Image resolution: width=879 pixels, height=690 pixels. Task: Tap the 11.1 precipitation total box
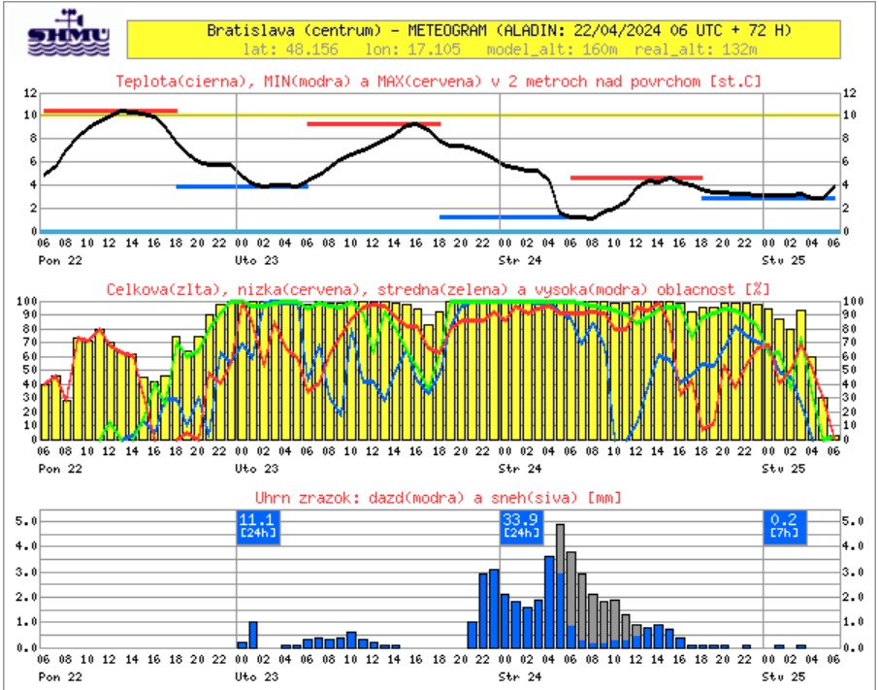[x=258, y=525]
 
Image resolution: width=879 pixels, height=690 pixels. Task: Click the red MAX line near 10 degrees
[x=110, y=111]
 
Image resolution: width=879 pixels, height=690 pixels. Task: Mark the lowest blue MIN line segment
[x=503, y=217]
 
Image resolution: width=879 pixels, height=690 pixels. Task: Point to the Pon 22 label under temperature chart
[x=56, y=260]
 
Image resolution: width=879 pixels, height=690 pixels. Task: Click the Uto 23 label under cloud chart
[x=251, y=468]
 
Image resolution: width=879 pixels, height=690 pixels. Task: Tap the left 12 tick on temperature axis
[x=30, y=92]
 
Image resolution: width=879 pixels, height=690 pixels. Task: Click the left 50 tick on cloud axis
[x=28, y=371]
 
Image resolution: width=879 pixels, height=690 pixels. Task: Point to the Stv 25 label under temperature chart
[x=778, y=260]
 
